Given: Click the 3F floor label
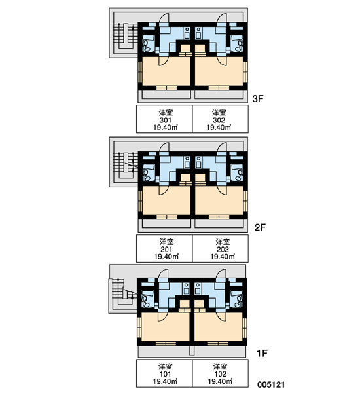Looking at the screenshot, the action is point(258,99).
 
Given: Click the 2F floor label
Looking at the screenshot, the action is point(260,227).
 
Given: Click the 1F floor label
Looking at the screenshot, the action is point(262,354).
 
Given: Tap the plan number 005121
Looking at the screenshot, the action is point(271,384).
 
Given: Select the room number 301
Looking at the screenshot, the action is point(166,120).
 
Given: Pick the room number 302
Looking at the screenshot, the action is point(219,120).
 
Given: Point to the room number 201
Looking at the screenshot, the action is point(166,250).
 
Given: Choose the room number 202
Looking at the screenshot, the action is point(223,250).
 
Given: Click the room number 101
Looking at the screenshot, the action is point(165,374).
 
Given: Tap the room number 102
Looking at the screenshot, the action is point(220,374).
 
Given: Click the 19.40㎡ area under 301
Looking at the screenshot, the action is point(166,127).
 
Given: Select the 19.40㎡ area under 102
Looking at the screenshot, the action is point(220,381).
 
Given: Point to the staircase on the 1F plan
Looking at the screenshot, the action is point(124,291).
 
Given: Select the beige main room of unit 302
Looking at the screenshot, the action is point(219,71).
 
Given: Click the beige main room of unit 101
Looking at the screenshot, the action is point(166,327).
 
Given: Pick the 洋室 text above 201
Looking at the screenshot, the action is point(166,242).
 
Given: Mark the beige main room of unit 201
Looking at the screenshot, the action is point(166,200).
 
